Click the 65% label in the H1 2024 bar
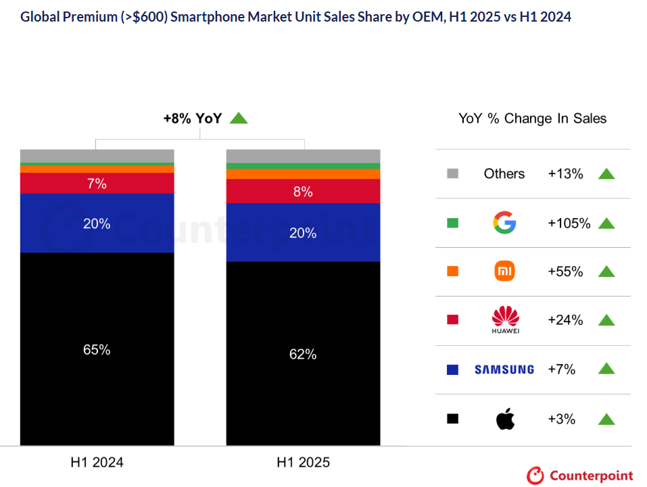[x=97, y=350]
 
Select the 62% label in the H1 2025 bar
[x=303, y=354]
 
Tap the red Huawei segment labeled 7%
[x=97, y=183]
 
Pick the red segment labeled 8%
[x=303, y=192]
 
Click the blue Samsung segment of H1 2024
[x=97, y=224]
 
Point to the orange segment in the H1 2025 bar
[x=303, y=174]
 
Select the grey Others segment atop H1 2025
[x=303, y=156]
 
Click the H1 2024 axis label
[x=97, y=463]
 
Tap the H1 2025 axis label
[x=303, y=463]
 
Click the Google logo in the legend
[x=504, y=222]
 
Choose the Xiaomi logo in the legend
[x=504, y=272]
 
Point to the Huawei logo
[x=504, y=319]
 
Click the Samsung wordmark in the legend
[x=504, y=369]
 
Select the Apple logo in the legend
[x=504, y=419]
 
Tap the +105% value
[x=569, y=223]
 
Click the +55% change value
[x=565, y=272]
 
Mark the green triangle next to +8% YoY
[x=239, y=118]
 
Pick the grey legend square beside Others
[x=453, y=174]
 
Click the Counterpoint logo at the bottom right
[x=580, y=476]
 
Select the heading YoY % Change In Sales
[x=532, y=119]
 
